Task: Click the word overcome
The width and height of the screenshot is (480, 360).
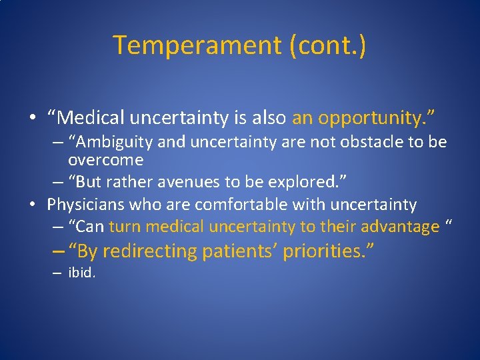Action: coord(106,160)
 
